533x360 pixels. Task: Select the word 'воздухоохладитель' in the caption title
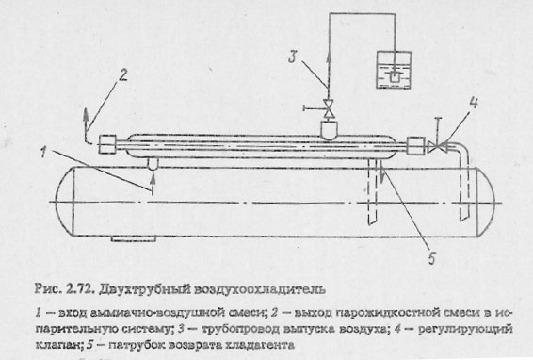point(246,280)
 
